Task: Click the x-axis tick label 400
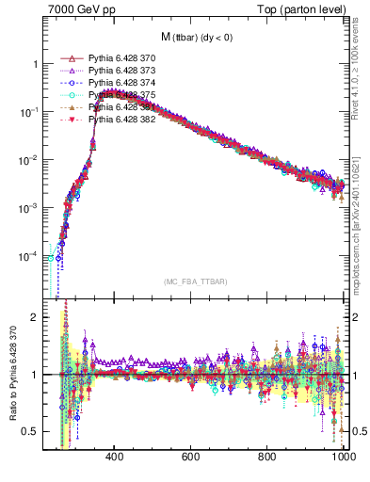click(115, 457)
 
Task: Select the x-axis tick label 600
click(192, 457)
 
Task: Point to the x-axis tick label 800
click(268, 457)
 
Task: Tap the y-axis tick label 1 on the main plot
click(35, 64)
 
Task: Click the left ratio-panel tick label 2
click(35, 317)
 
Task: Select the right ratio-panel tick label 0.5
click(359, 431)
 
